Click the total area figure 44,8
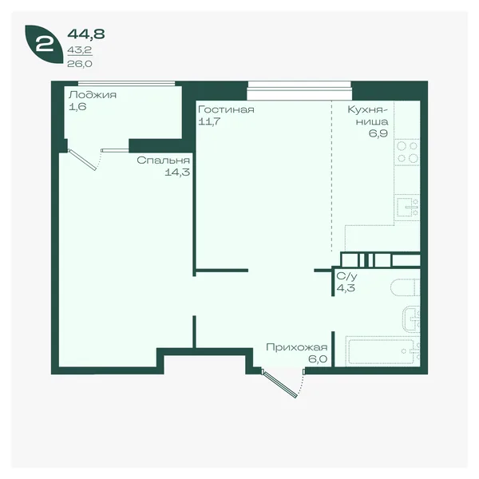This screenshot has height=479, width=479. point(86,34)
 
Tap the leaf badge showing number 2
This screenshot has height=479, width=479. point(44,44)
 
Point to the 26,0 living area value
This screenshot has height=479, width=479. point(80,64)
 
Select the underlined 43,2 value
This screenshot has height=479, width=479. point(80,50)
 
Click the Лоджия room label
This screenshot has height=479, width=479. point(93,95)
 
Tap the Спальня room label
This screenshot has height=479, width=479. point(163,160)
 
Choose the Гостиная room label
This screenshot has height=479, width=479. point(226,109)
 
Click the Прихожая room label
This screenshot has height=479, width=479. point(297,347)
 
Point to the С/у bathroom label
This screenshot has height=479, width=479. point(346,276)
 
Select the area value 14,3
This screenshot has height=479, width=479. point(177,172)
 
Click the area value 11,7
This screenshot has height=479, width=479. point(209,121)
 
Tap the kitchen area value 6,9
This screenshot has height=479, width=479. point(378,133)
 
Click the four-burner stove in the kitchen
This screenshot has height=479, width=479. point(407,152)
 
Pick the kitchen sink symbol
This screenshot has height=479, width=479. point(407,207)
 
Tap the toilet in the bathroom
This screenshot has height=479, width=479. point(405,287)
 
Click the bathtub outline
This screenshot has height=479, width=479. point(383,351)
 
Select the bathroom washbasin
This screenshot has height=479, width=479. point(411,319)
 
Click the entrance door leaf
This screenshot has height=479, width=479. point(279,384)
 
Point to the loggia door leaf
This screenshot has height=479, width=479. point(82,160)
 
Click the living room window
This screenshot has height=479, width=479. point(299,90)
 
